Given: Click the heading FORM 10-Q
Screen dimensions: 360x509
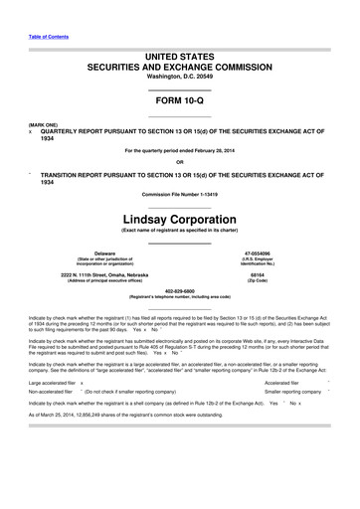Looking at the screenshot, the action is pos(179,101).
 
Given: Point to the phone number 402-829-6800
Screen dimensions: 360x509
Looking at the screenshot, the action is pos(179,291).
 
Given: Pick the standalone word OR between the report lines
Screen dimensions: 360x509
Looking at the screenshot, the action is pos(179,163).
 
